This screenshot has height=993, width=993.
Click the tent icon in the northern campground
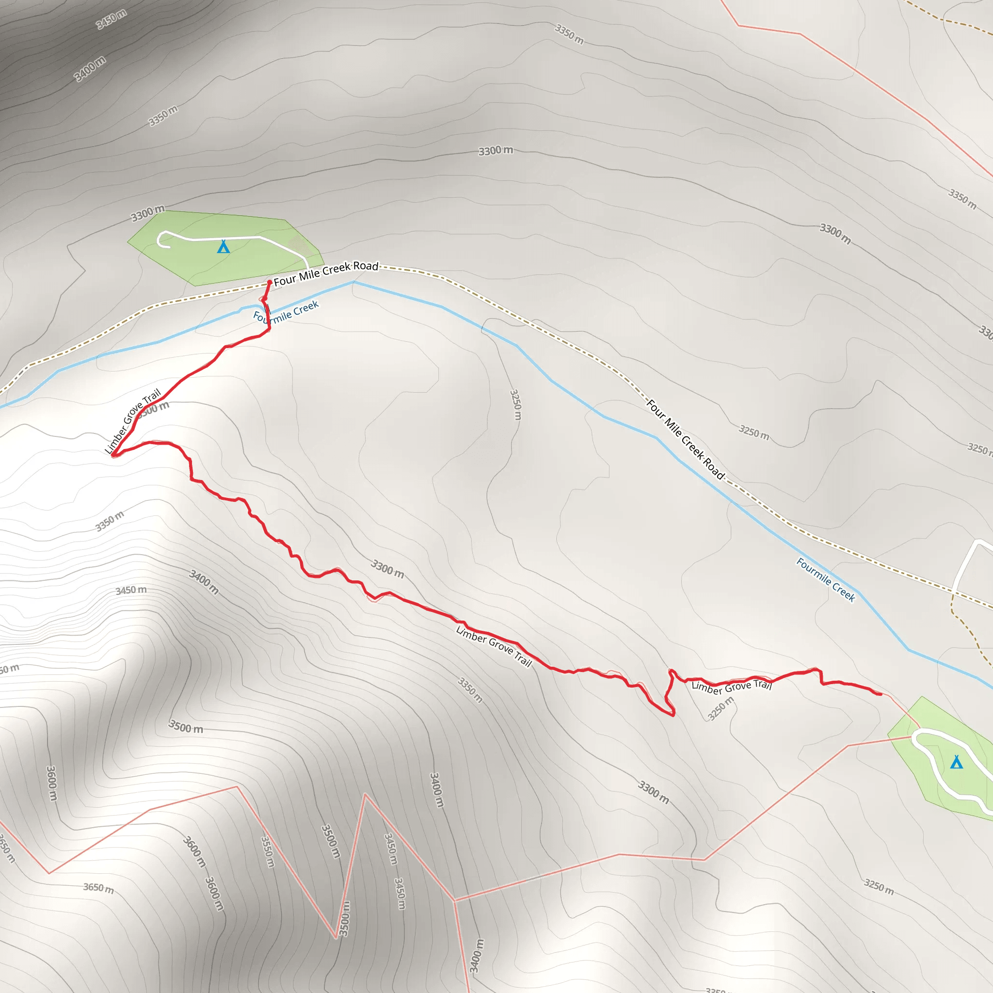pos(223,247)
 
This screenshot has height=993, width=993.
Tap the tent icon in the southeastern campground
pos(956,762)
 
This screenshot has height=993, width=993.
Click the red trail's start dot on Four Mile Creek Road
pos(269,282)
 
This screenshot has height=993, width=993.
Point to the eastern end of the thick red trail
pos(881,694)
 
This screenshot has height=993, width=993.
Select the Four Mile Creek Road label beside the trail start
pos(326,273)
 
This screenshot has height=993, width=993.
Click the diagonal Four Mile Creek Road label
pos(685,439)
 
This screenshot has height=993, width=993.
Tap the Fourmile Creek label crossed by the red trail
pos(286,312)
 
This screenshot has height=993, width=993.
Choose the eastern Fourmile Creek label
pos(825,579)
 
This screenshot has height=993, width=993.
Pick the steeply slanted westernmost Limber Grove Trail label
pos(132,421)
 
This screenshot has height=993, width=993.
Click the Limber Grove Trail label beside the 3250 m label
pos(731,686)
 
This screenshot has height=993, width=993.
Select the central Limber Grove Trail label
pos(494,646)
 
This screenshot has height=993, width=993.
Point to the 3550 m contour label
pos(268,851)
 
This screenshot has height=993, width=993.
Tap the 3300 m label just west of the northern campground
pos(147,213)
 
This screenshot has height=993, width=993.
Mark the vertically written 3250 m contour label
pos(515,404)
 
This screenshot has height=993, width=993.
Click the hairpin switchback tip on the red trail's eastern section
pos(673,714)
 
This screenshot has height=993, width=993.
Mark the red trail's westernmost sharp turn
pos(114,454)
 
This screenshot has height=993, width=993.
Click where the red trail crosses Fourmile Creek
pos(267,310)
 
